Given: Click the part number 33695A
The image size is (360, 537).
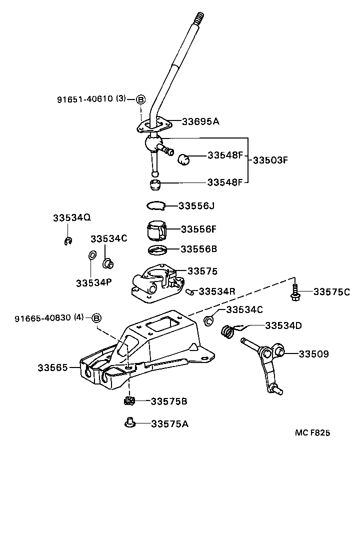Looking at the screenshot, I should click(200, 121).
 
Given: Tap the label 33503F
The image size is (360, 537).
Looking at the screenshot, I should click(270, 160).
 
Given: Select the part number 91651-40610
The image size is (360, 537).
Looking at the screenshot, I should click(84, 99).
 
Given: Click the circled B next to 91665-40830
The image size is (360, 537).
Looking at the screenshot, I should click(97, 318).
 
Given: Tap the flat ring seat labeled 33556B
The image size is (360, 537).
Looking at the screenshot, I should click(158, 249).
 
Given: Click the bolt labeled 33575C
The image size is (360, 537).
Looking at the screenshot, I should click(294, 292).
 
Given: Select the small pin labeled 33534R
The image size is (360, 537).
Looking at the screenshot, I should click(189, 291).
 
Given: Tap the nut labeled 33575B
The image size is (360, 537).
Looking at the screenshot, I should click(129, 401).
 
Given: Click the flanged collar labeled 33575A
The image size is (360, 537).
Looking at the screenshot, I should click(129, 423).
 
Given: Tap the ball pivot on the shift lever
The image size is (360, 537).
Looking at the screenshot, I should click(151, 144).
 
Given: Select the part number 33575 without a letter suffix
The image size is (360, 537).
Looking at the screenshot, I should click(202, 271).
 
